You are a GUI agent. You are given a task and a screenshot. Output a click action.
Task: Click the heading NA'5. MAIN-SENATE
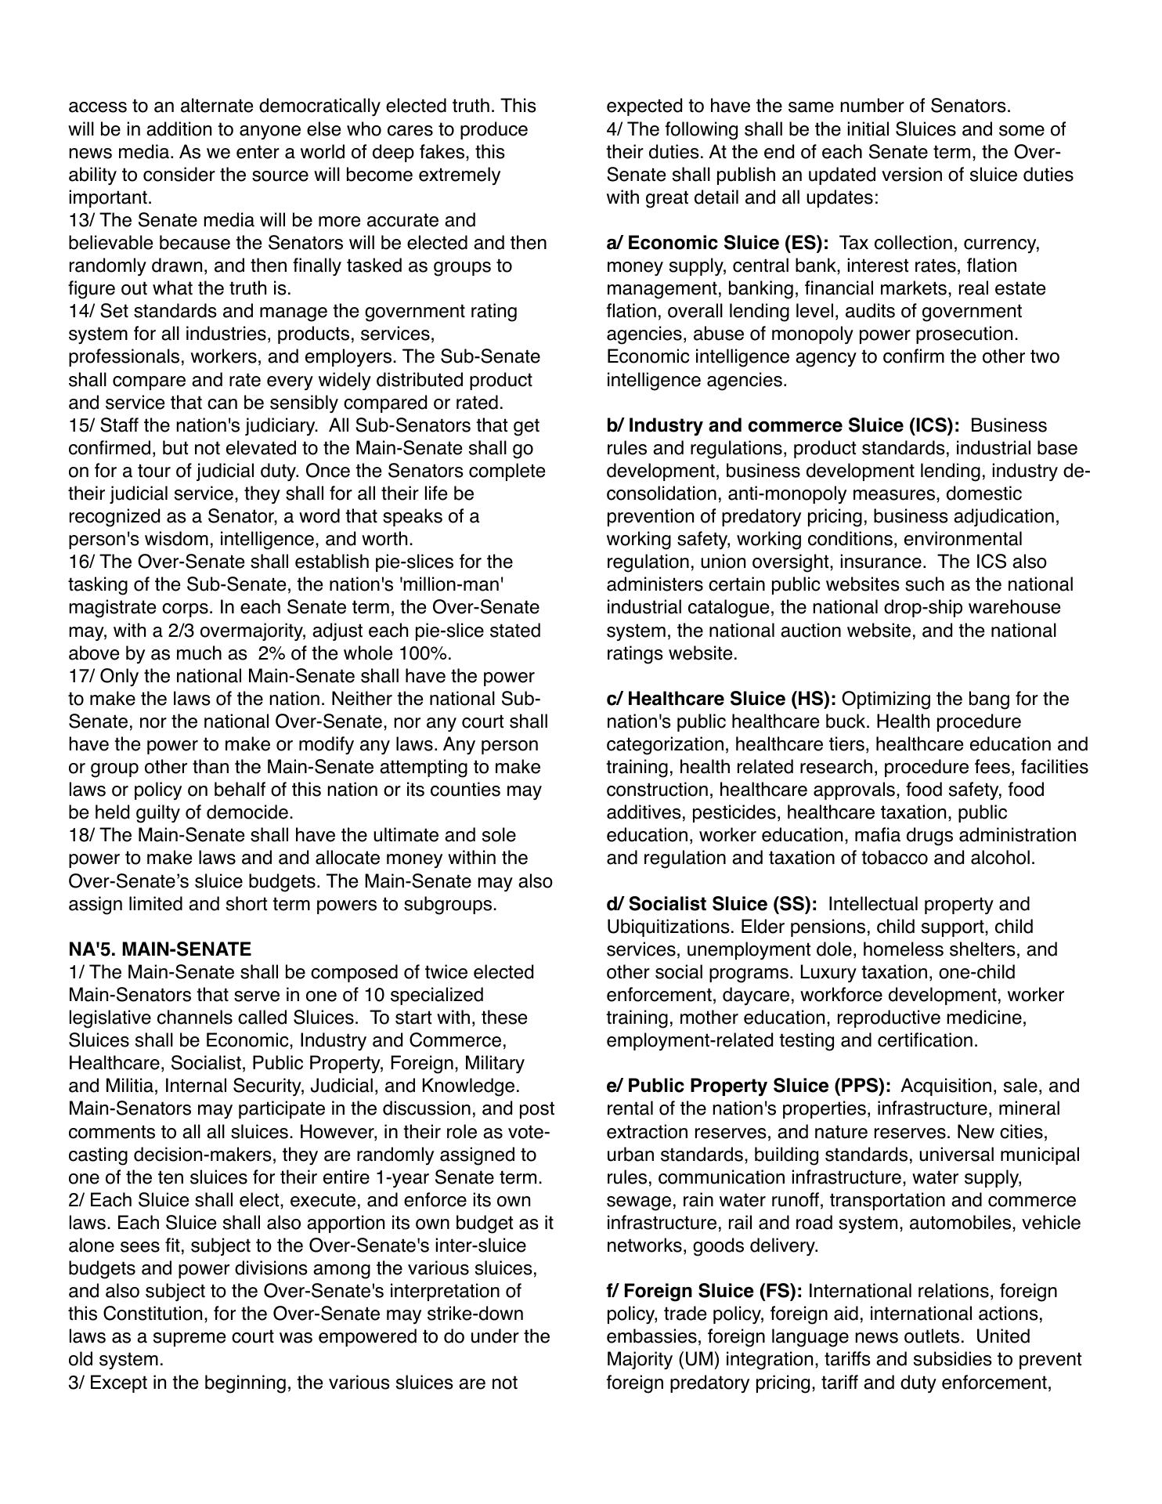click(x=160, y=949)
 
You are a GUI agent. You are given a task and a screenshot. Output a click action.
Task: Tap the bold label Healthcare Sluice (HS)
click(x=721, y=699)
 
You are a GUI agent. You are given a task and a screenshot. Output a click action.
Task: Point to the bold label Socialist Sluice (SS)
click(x=711, y=904)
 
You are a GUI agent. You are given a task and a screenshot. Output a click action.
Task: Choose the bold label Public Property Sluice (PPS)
click(x=749, y=1086)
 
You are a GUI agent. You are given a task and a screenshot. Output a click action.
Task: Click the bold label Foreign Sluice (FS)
click(x=704, y=1291)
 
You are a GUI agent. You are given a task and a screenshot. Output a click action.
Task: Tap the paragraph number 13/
click(x=81, y=220)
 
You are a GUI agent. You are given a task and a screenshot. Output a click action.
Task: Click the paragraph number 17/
click(x=81, y=676)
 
